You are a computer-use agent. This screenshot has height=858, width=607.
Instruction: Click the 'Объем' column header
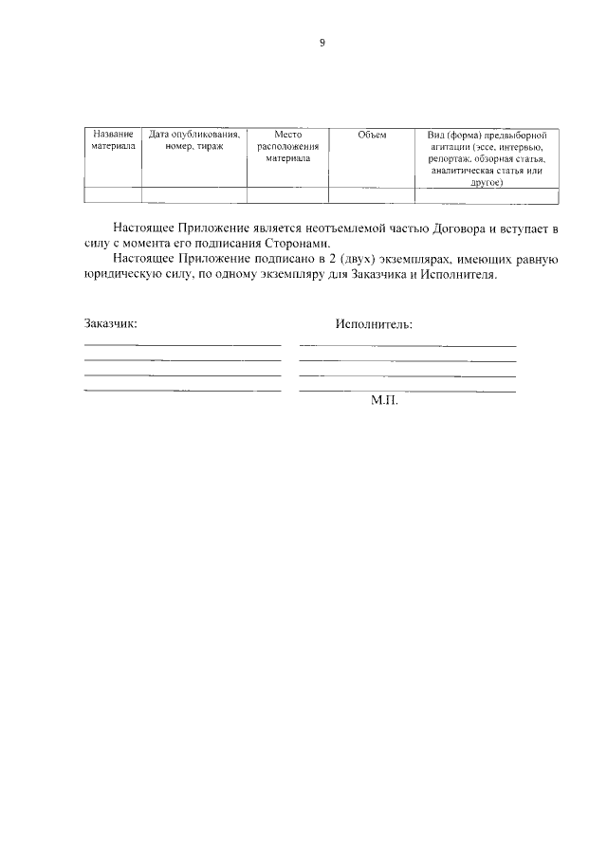[x=372, y=136]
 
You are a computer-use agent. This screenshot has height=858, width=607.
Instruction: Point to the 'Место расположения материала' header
[x=287, y=147]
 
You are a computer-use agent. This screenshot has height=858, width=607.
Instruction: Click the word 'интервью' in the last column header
[x=522, y=148]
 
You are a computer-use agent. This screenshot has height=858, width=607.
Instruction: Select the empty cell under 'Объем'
[x=372, y=195]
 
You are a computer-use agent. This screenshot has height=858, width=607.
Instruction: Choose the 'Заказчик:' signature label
[x=110, y=323]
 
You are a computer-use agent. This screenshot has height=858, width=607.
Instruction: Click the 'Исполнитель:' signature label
[x=374, y=323]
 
